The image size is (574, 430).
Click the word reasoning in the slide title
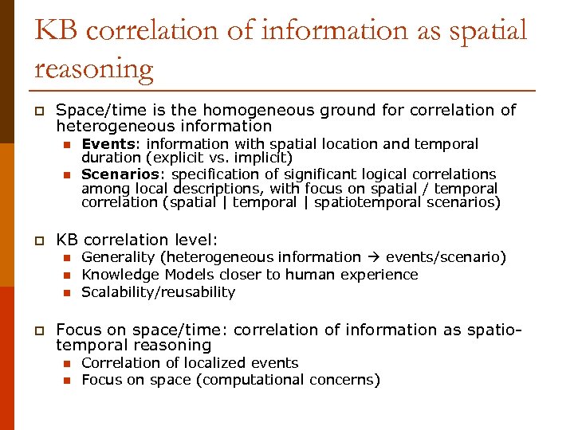click(93, 69)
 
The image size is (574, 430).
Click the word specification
click(213, 174)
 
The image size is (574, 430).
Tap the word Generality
click(119, 257)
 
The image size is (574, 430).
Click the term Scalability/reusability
click(159, 291)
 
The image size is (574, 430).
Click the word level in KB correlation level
click(192, 240)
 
